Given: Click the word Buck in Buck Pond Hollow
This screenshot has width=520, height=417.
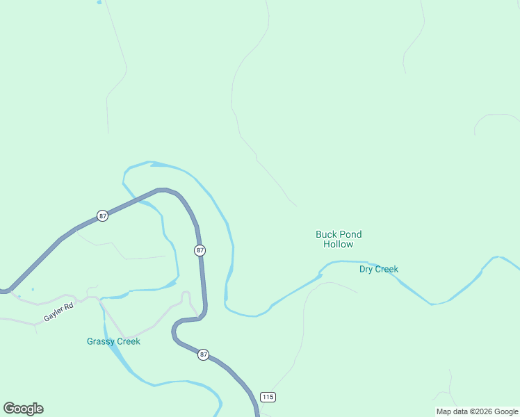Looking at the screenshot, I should pyautogui.click(x=327, y=235).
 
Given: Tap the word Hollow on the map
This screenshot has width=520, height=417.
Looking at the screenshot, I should pyautogui.click(x=339, y=245).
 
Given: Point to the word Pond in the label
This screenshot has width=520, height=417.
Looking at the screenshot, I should pyautogui.click(x=350, y=235).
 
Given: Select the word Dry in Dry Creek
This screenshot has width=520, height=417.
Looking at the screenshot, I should pyautogui.click(x=367, y=270).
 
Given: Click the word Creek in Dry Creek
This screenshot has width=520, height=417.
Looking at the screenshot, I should pyautogui.click(x=387, y=270).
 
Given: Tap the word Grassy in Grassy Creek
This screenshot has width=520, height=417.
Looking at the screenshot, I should pyautogui.click(x=101, y=341).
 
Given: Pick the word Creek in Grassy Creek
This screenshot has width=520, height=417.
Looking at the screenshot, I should pyautogui.click(x=129, y=341).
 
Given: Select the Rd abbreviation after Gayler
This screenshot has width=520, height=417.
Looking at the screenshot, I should pyautogui.click(x=69, y=306).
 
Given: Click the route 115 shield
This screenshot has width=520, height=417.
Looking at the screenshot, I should pyautogui.click(x=268, y=397).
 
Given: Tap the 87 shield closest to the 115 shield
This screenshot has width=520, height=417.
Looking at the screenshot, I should pyautogui.click(x=203, y=354).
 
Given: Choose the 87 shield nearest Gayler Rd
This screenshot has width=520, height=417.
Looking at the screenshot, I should pyautogui.click(x=103, y=215).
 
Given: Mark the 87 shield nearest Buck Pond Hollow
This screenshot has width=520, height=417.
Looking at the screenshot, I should pyautogui.click(x=200, y=250).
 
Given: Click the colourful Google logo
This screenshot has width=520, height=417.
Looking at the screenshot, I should pyautogui.click(x=23, y=409).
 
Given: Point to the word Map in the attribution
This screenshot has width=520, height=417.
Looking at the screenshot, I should pyautogui.click(x=444, y=412).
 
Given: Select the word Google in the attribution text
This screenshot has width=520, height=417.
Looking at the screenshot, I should pyautogui.click(x=507, y=412).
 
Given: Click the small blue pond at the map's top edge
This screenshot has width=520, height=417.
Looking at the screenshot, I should pyautogui.click(x=99, y=2).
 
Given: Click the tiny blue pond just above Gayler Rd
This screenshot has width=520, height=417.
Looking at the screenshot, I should pyautogui.click(x=33, y=289).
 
